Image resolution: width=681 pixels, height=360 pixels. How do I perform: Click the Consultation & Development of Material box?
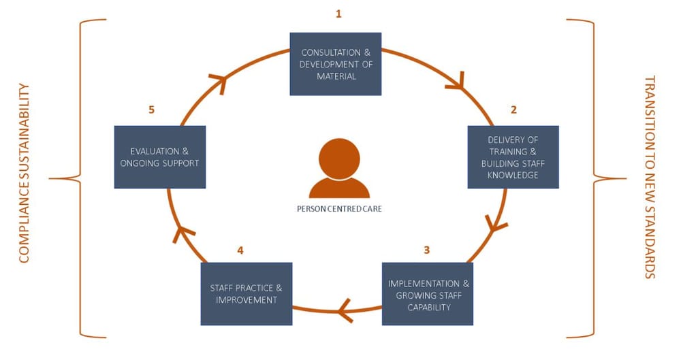(336, 64)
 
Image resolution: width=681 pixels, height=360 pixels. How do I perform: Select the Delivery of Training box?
(513, 157)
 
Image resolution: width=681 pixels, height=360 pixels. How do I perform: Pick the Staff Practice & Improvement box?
(246, 294)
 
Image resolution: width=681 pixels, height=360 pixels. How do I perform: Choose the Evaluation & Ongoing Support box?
(159, 157)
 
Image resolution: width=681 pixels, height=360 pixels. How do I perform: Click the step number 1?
(338, 14)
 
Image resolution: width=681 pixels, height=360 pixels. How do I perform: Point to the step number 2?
(514, 109)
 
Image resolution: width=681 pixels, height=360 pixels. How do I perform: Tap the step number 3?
(427, 250)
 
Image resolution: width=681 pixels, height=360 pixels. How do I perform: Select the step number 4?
(240, 250)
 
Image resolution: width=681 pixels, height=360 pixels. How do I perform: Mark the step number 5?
(152, 110)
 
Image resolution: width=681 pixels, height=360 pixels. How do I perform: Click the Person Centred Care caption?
(339, 209)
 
